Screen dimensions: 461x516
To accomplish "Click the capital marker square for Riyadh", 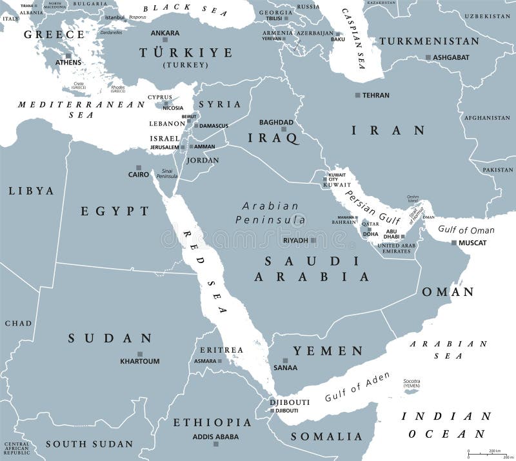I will click(x=313, y=240).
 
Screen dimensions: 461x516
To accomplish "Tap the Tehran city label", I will click(x=377, y=95).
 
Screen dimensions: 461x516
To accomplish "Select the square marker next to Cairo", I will click(x=155, y=174).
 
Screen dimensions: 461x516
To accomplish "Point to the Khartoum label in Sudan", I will click(x=139, y=361).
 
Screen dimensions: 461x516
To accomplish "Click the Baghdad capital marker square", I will click(x=283, y=130).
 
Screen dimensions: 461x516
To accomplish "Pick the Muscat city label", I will click(x=473, y=243).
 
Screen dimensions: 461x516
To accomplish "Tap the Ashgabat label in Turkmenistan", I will click(x=451, y=57).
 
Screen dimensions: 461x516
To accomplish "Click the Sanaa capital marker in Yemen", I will click(x=285, y=360).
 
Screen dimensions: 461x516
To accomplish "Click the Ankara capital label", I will click(x=165, y=33).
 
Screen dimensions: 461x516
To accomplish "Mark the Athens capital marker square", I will click(x=68, y=55).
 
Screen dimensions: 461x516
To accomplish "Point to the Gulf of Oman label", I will click(x=466, y=230).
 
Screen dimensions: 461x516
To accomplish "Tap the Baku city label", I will click(x=338, y=39).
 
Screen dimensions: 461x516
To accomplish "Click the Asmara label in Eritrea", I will click(x=205, y=361).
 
